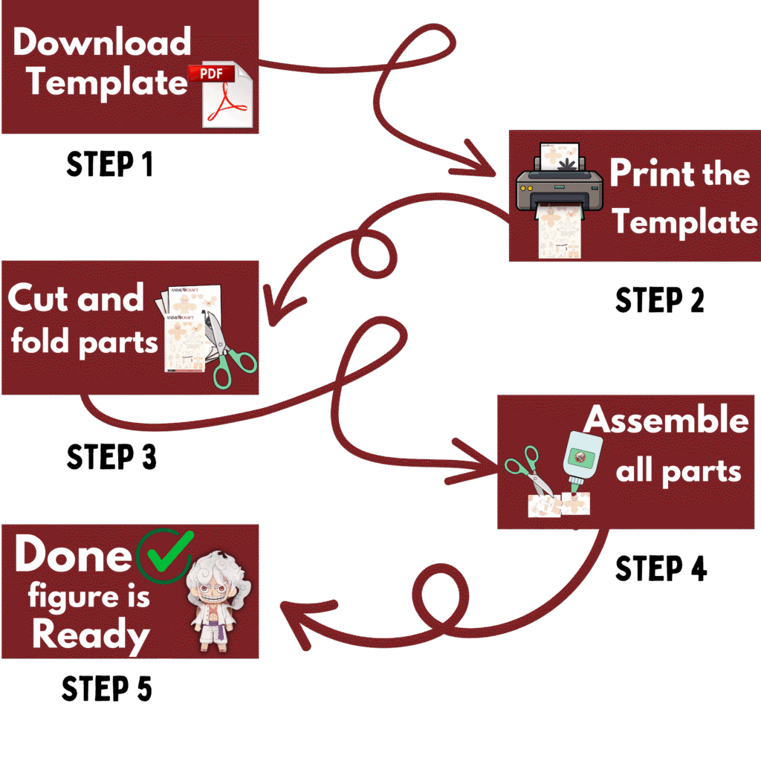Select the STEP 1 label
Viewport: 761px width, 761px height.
110,164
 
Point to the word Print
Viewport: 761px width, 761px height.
644,173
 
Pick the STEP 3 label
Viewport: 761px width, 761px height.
111,456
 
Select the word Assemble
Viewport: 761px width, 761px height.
666,421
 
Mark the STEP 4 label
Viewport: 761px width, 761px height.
661,569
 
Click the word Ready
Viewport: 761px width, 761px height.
91,636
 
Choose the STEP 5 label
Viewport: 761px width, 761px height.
107,689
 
